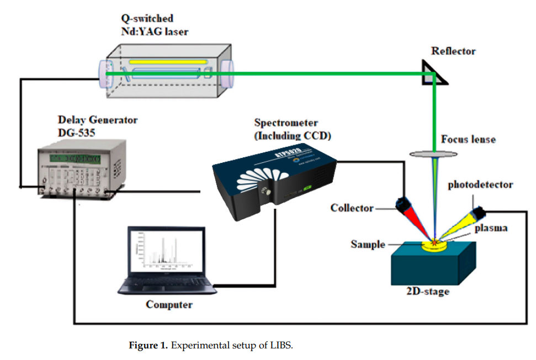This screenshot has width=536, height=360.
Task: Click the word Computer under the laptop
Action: (169, 304)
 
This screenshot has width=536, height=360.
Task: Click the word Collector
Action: (352, 208)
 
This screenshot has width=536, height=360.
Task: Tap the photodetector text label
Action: (480, 184)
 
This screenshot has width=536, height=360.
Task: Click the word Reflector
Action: (453, 51)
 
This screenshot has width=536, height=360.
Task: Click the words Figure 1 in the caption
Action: (148, 346)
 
